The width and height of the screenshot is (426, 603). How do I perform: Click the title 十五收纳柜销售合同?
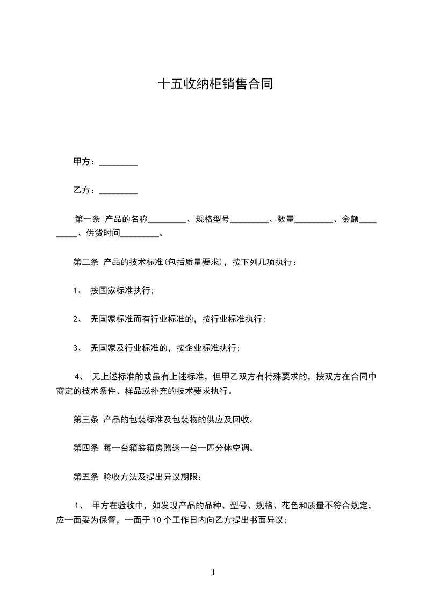tap(213, 84)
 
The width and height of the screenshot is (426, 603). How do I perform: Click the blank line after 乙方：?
tap(119, 191)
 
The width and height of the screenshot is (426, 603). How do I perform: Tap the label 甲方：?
tap(85, 162)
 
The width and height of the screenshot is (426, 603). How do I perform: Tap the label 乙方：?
tap(85, 190)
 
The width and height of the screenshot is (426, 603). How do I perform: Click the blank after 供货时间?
tap(141, 234)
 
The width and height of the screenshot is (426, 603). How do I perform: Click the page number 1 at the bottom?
tap(213, 572)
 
